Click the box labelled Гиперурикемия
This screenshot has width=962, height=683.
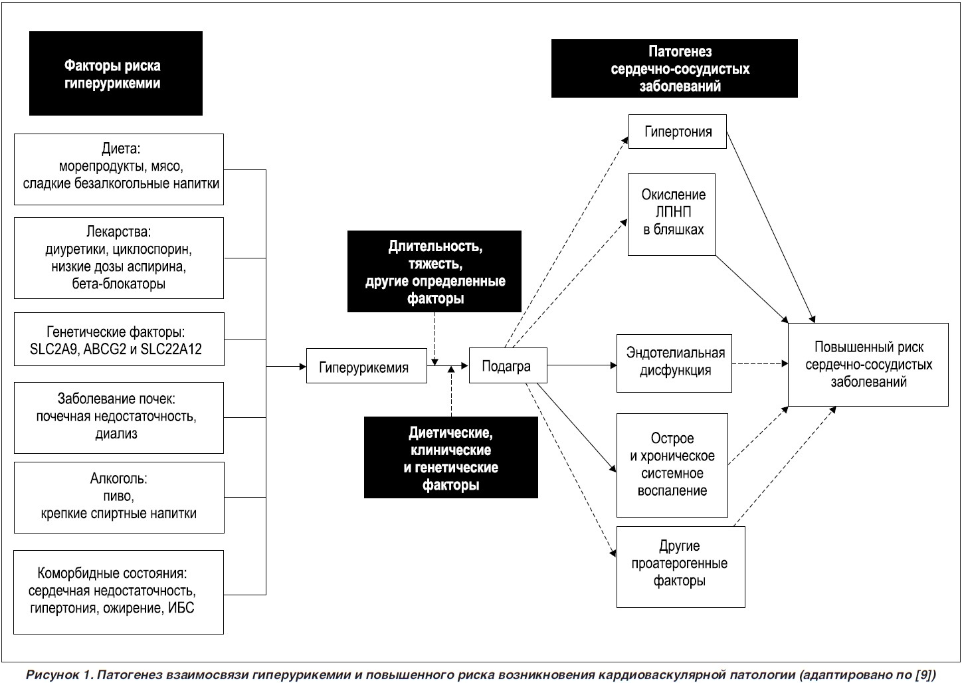[366, 365]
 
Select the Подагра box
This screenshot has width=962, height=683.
[508, 365]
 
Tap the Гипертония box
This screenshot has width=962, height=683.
[677, 132]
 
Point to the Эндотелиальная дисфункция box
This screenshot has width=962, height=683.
[674, 363]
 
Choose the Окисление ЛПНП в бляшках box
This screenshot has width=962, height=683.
[671, 215]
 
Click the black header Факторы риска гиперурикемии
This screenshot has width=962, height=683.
[116, 73]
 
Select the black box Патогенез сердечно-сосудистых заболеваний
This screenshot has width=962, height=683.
[674, 68]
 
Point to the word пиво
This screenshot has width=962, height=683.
[118, 496]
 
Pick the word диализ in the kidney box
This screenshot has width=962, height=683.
[116, 434]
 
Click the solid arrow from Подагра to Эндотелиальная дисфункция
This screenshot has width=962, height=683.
[582, 365]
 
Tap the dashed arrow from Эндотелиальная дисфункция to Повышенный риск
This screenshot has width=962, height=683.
[760, 364]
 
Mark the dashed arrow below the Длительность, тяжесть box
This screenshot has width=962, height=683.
[434, 339]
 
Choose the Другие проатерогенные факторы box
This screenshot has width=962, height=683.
[681, 567]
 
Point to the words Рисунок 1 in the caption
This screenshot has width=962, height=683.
[59, 675]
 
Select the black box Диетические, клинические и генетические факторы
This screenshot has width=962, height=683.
[451, 458]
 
